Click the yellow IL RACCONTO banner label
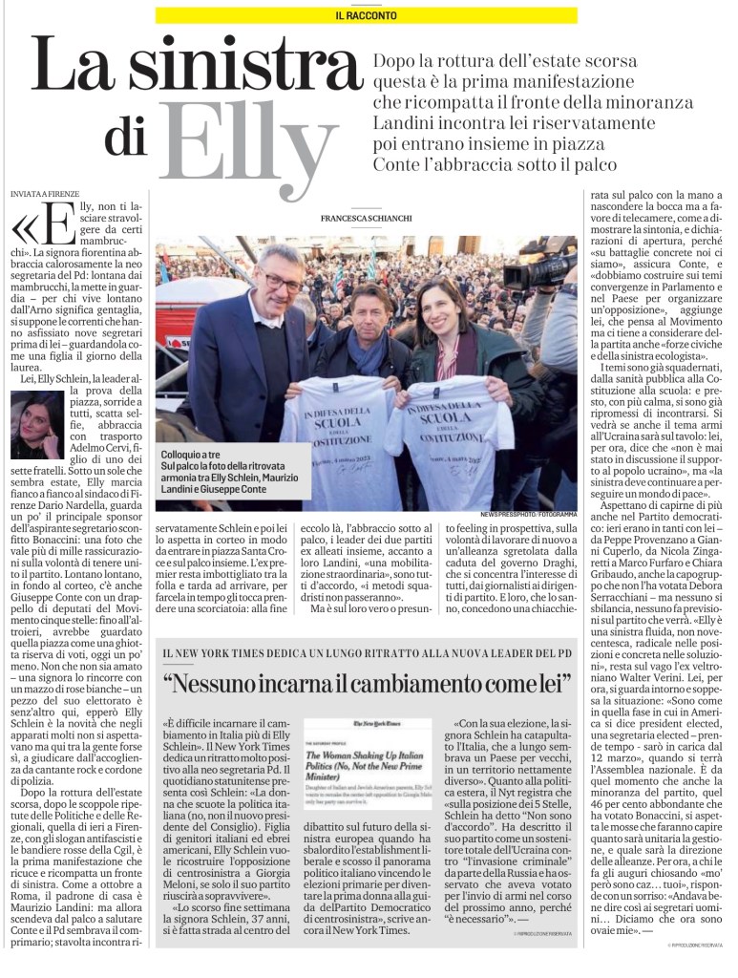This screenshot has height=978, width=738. coord(369,15)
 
